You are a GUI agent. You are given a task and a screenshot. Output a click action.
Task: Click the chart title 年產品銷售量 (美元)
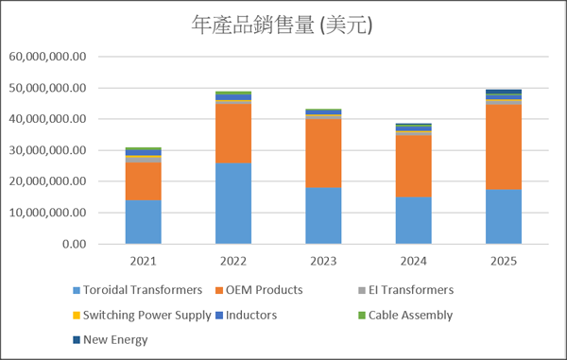(282, 25)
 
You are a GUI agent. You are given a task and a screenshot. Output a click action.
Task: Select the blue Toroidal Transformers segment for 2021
(144, 222)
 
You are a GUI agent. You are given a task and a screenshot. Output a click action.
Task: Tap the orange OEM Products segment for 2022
(233, 133)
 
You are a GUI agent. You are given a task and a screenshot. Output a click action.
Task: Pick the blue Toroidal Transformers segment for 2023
(323, 215)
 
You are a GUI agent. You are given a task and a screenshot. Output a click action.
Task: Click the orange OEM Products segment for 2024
(413, 166)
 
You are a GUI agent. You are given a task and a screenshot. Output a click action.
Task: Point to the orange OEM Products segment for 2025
(504, 147)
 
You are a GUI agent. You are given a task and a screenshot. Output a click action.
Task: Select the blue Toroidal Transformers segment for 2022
(233, 203)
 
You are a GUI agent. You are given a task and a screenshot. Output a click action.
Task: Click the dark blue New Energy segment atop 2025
(504, 92)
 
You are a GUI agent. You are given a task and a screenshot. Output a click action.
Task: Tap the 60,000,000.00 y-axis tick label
(48, 57)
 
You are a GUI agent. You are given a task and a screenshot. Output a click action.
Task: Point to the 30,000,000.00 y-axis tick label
(48, 150)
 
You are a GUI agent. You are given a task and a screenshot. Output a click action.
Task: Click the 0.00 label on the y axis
(74, 244)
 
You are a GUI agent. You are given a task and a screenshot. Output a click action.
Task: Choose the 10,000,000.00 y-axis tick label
(48, 213)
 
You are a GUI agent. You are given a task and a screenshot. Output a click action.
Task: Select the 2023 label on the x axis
(323, 261)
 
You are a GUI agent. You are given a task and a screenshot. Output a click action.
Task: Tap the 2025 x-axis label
(504, 261)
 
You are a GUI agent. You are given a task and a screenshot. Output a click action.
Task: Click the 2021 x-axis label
(144, 261)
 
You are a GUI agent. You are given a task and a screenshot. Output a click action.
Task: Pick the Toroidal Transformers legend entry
(137, 290)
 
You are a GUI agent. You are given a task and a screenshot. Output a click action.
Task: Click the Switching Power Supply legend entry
(142, 316)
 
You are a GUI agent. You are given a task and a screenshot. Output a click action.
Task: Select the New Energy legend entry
(111, 340)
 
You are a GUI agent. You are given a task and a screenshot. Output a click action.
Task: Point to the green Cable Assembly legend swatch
(362, 316)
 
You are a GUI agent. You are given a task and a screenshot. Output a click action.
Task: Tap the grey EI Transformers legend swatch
(362, 290)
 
